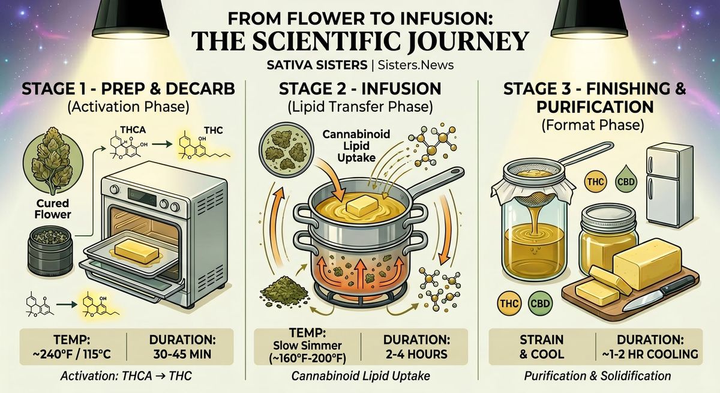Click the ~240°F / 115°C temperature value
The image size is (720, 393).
click(x=74, y=353)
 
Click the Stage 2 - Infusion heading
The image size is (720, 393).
click(x=359, y=90)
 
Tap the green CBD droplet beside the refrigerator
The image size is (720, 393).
click(x=622, y=183)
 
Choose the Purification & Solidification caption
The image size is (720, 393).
click(x=598, y=376)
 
